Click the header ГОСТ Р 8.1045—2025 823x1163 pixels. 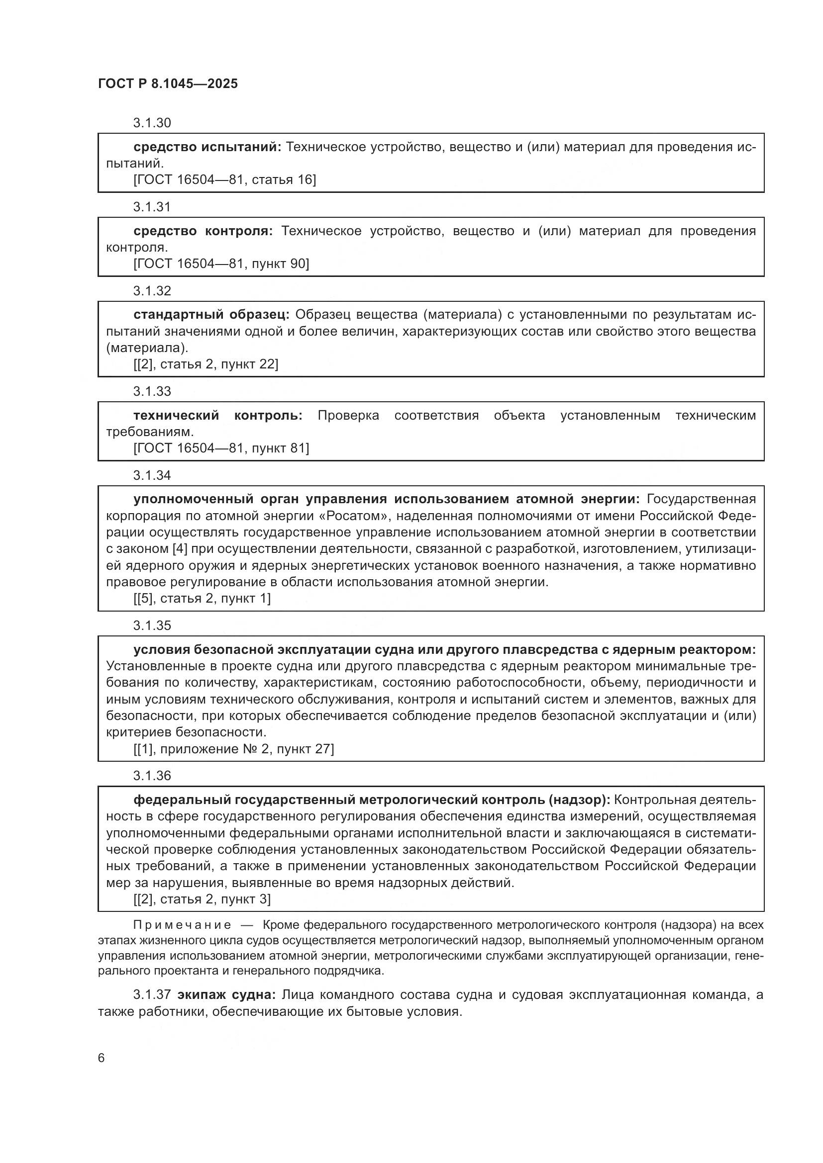point(168,84)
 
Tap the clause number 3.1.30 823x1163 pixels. point(152,123)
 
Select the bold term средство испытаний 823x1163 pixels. point(207,147)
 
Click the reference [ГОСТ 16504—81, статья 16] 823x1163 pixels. point(224,180)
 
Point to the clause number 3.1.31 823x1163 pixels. point(152,207)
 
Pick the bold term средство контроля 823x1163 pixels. point(203,232)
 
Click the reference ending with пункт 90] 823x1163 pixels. point(221,264)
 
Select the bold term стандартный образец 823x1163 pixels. point(211,315)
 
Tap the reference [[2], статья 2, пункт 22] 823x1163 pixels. point(206,364)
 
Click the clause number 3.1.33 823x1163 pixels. point(152,391)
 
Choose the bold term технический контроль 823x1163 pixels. point(218,416)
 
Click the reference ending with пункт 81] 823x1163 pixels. point(221,448)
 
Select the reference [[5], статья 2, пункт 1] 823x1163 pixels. point(202,599)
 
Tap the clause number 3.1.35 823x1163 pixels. point(152,626)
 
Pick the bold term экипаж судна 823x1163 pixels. point(226,995)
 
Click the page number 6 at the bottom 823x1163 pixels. point(102,1058)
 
